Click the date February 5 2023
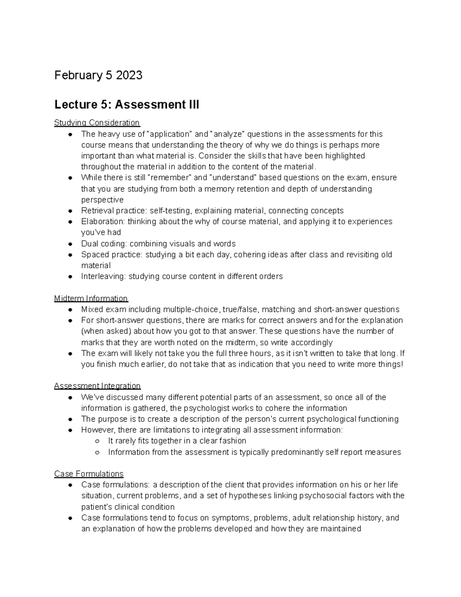(98, 75)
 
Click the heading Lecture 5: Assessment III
(127, 104)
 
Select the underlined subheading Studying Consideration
(97, 123)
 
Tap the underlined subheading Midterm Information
(91, 298)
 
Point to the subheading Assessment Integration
(97, 386)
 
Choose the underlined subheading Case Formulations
(89, 474)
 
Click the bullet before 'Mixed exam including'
(70, 310)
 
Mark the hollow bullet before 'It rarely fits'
(97, 441)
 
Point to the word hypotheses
(250, 496)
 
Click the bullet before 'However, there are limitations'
(70, 430)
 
